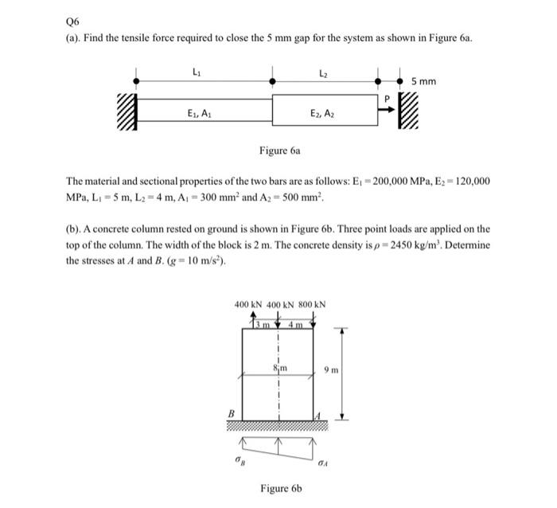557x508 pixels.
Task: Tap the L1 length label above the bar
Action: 196,73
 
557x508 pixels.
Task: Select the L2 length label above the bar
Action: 323,73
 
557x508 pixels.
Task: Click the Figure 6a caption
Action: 278,150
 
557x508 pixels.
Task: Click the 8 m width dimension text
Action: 278,367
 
